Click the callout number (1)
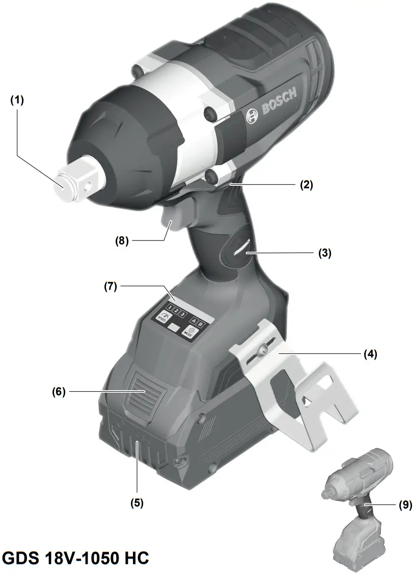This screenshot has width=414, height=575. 17,100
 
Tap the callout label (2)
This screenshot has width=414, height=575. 306,185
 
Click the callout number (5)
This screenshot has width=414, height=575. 136,503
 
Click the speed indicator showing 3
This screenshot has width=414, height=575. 182,314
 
